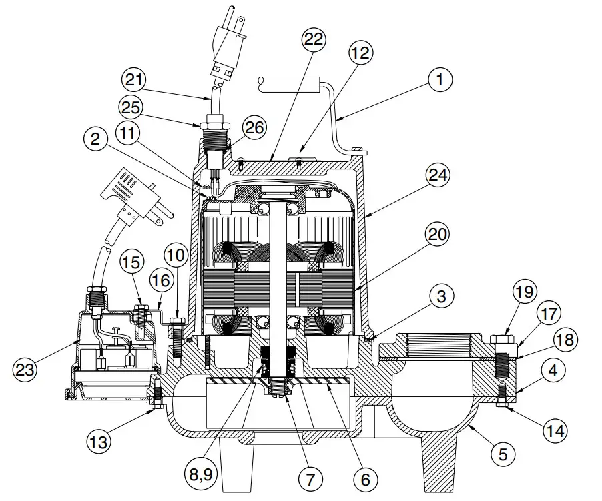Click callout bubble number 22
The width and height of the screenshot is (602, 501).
(312, 40)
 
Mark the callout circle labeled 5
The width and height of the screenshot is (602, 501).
(503, 455)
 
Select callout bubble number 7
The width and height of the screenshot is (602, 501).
(310, 478)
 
